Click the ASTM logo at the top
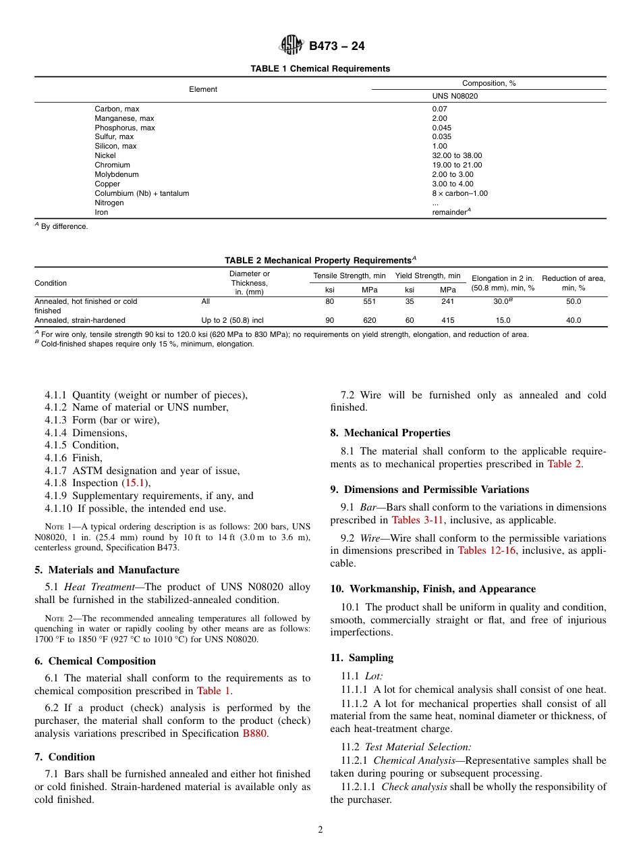[x=291, y=46]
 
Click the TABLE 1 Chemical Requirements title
[x=320, y=69]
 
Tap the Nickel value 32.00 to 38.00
[x=457, y=155]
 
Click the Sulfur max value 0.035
[x=442, y=136]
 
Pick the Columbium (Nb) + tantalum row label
[x=142, y=193]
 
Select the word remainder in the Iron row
[x=449, y=212]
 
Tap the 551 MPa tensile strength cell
[x=370, y=301]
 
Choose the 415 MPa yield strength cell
[x=447, y=320]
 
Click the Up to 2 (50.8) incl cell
[x=232, y=320]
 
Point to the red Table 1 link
[x=213, y=691]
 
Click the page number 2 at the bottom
[x=320, y=830]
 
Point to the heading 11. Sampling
[x=362, y=658]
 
